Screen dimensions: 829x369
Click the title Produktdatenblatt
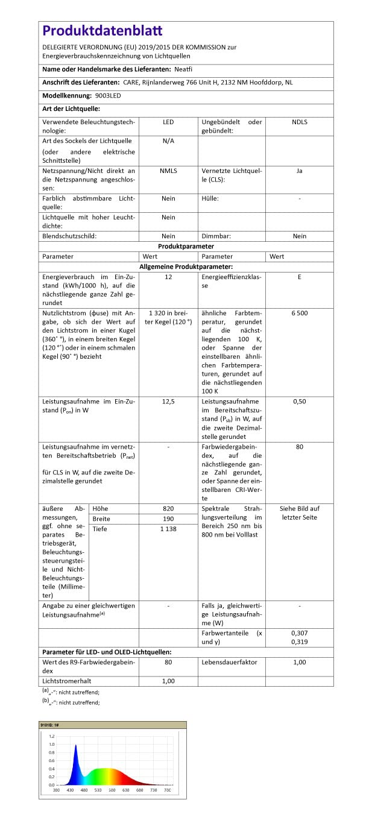102,31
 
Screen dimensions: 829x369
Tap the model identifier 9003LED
108,96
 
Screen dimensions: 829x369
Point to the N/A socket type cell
168,141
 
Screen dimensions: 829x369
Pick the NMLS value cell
168,171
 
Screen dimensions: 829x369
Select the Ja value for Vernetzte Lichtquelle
299,171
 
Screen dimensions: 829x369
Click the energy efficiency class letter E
299,277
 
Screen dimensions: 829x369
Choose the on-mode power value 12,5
168,401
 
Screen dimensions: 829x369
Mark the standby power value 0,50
299,401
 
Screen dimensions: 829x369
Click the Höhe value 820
168,509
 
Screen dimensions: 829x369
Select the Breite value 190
168,519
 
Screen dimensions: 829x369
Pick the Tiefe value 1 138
168,529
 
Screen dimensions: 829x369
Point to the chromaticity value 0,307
299,634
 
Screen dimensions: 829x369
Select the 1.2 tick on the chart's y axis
51,737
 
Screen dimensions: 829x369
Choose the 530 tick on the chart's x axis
98,790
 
